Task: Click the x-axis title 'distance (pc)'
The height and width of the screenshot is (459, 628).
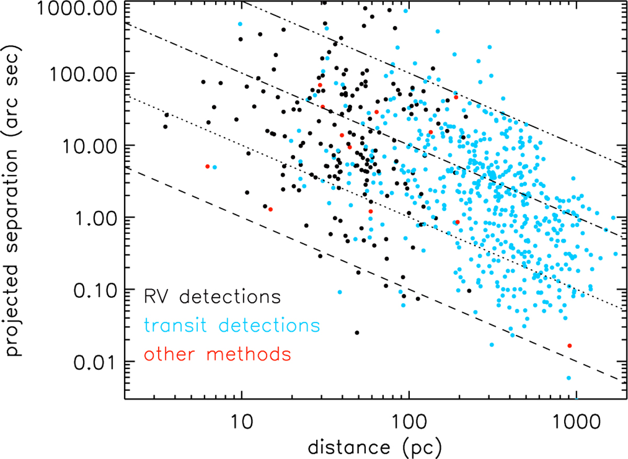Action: coord(375,446)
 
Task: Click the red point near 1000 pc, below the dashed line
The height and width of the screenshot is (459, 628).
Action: coord(569,345)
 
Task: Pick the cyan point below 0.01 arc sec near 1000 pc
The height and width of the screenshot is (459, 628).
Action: coord(568,378)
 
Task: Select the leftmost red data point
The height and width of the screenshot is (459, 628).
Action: coord(208,166)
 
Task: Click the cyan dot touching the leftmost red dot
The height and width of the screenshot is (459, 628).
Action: coord(215,167)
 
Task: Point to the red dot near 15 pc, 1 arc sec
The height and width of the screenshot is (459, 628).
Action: coord(270,209)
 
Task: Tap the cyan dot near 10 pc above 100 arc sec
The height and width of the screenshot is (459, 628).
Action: coord(240,24)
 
